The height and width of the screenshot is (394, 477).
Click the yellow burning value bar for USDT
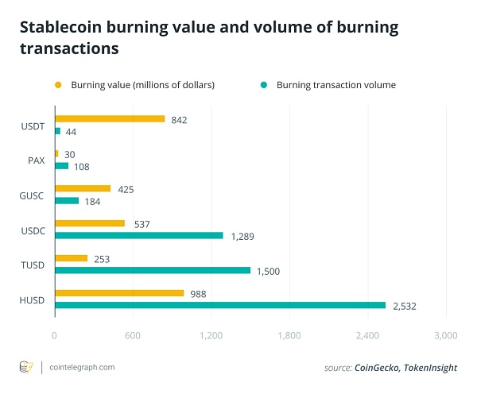[110, 119]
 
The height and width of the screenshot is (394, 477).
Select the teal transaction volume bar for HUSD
[220, 305]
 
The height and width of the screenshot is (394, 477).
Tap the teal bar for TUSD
[153, 270]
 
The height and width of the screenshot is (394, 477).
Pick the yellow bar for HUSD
[119, 293]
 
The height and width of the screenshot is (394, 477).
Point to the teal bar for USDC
[139, 235]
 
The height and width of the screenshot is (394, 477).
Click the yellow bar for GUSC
[83, 188]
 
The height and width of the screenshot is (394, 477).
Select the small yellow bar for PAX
[56, 153]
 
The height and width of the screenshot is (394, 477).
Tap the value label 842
[179, 119]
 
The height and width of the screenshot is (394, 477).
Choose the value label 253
[102, 258]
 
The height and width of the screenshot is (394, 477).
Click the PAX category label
[36, 160]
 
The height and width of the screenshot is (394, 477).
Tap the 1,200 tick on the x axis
[211, 336]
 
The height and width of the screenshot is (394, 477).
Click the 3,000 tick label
[446, 336]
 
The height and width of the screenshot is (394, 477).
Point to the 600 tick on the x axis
[133, 336]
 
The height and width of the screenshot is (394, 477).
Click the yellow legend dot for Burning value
[57, 84]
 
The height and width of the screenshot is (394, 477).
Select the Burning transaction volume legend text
[335, 84]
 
